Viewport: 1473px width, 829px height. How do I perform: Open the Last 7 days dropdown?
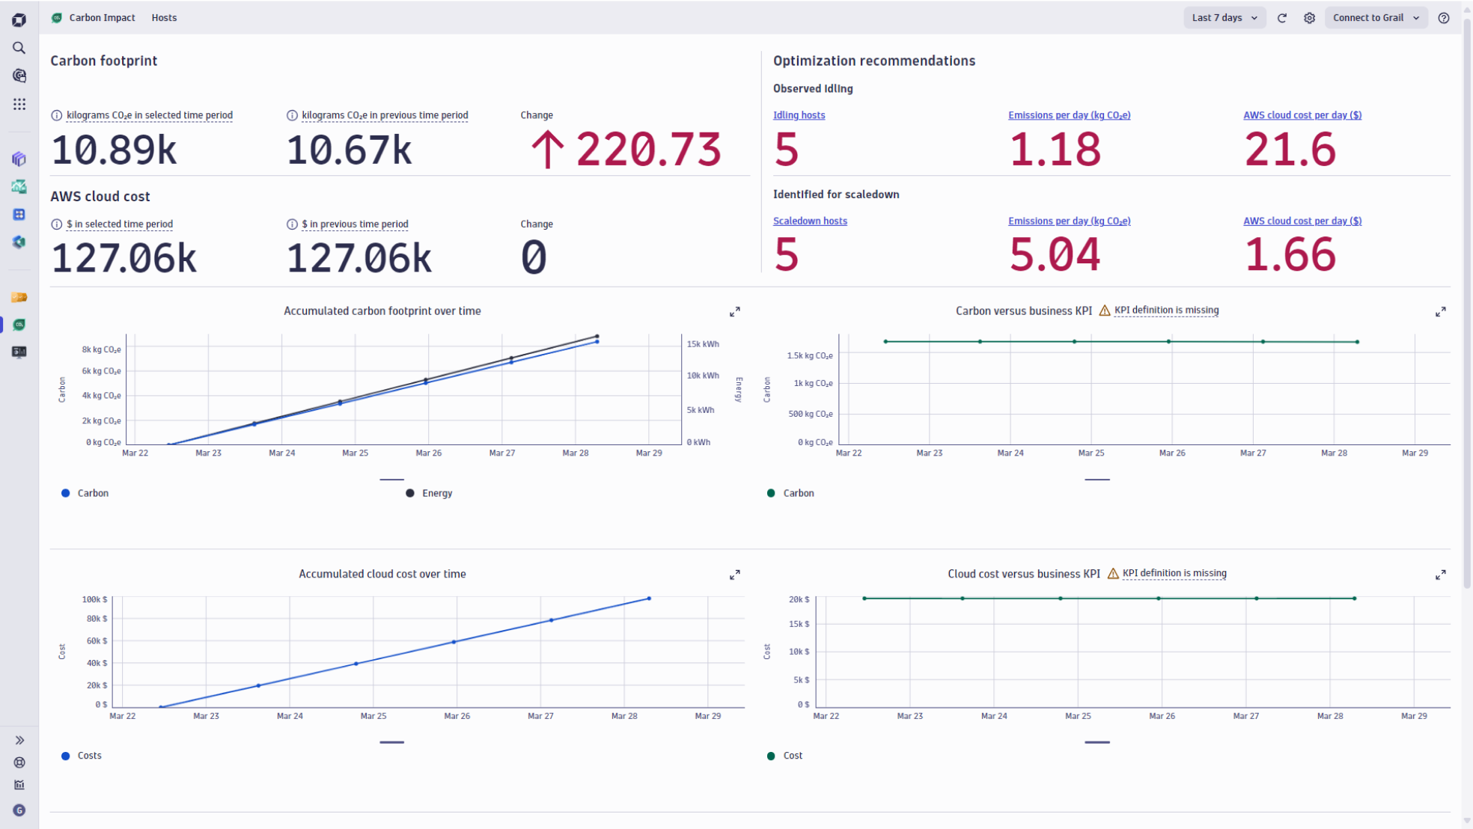click(1225, 18)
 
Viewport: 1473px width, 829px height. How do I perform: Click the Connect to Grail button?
click(1376, 18)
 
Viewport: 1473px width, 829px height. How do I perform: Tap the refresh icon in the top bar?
click(1282, 18)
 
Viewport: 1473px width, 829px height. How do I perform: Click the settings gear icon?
click(1309, 18)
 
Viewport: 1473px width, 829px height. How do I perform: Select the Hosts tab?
click(164, 18)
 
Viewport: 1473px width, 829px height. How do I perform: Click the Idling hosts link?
click(799, 115)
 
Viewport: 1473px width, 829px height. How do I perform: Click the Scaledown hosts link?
click(810, 221)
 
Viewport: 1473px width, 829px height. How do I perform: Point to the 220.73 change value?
click(647, 150)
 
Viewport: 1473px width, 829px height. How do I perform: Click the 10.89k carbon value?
click(114, 150)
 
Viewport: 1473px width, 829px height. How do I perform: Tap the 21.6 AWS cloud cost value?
click(1290, 150)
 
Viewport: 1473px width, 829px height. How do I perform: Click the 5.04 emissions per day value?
click(1054, 255)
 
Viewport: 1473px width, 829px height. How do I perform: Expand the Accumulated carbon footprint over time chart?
click(735, 312)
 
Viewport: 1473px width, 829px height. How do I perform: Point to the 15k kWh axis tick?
click(702, 344)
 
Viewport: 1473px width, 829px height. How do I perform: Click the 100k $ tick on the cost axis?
click(95, 599)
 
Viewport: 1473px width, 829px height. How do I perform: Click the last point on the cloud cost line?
click(649, 599)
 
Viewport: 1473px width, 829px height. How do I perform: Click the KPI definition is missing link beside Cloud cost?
click(1174, 573)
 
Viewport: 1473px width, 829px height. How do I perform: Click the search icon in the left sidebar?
click(19, 48)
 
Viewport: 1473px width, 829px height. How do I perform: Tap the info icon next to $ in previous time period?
click(292, 224)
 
